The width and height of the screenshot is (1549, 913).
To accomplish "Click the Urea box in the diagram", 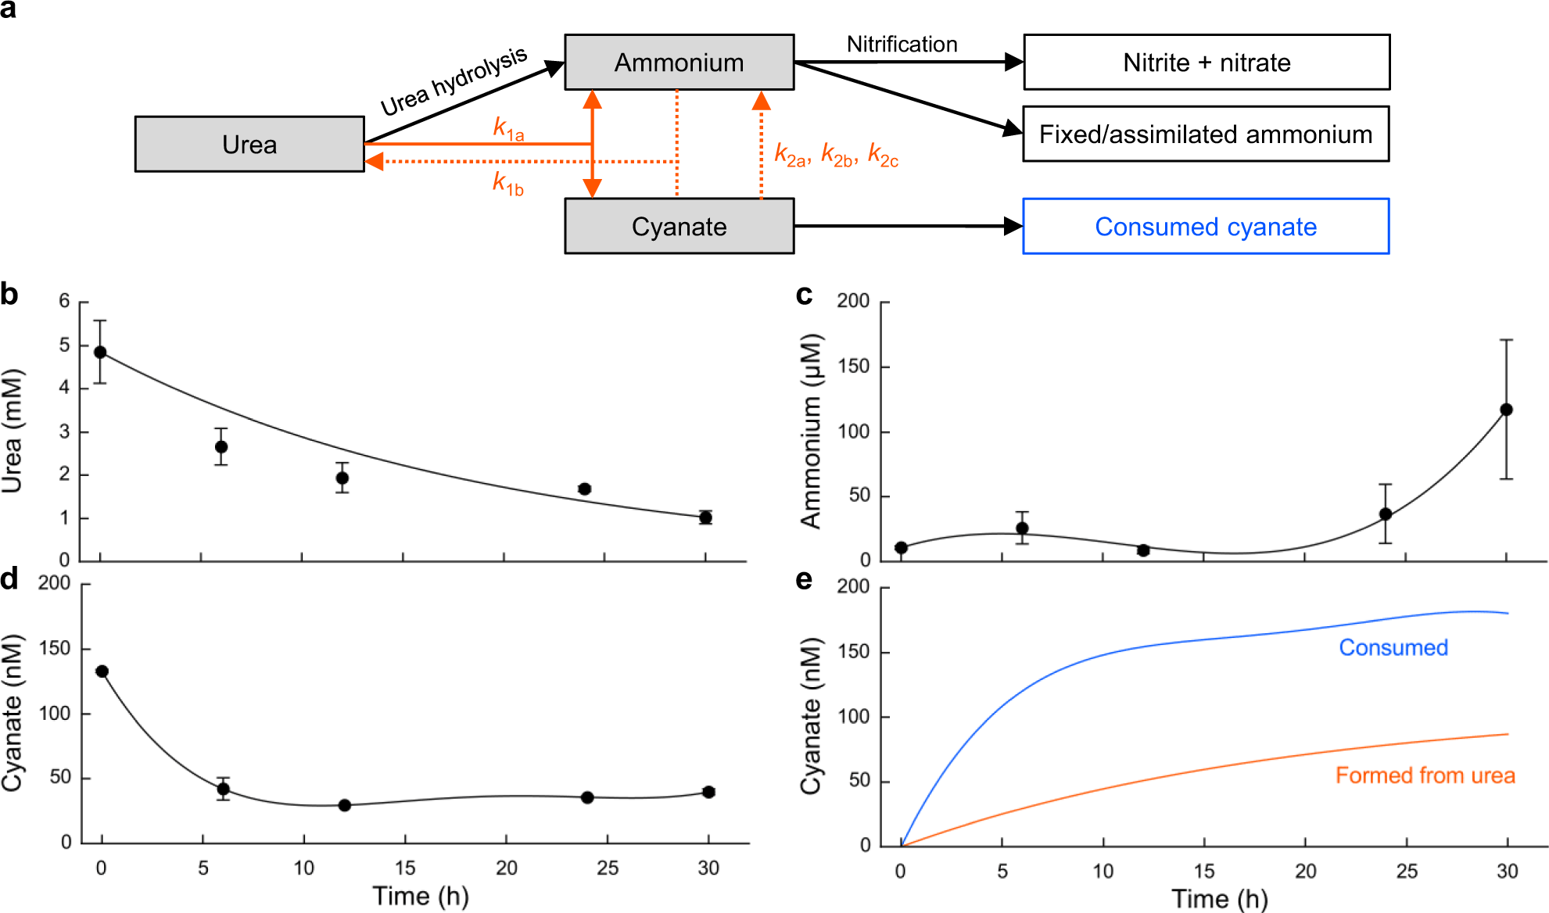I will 249,145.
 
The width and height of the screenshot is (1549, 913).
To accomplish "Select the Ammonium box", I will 679,63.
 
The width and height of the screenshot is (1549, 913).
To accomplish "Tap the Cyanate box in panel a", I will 679,227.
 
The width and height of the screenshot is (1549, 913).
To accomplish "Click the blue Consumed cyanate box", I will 1205,227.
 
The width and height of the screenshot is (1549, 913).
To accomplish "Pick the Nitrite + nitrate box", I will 1206,63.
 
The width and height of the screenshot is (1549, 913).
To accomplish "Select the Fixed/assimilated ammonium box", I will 1205,134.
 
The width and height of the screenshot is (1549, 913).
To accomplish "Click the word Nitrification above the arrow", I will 902,45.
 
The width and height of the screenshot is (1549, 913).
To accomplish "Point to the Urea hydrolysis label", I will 454,81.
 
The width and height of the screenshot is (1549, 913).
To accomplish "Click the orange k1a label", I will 508,128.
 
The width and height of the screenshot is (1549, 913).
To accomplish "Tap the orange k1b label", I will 507,184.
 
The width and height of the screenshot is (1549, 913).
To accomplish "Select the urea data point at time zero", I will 100,352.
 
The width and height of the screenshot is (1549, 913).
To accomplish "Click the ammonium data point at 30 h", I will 1506,410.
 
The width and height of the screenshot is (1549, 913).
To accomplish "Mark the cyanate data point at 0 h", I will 102,671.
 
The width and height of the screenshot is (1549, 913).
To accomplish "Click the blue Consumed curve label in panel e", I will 1393,648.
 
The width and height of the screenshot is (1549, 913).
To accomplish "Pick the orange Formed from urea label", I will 1425,775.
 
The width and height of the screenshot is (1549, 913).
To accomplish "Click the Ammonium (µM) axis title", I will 812,431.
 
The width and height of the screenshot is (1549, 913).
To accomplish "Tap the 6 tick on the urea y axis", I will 64,301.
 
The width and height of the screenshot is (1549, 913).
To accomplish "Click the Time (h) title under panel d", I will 421,896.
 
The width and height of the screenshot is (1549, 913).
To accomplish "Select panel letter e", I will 803,581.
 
